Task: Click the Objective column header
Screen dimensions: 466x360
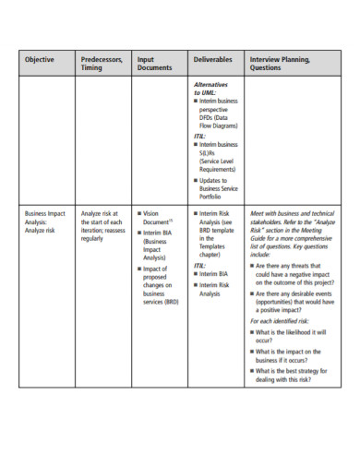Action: pyautogui.click(x=39, y=60)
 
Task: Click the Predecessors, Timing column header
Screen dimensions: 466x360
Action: pyautogui.click(x=102, y=64)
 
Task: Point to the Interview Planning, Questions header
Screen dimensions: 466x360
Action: pyautogui.click(x=280, y=64)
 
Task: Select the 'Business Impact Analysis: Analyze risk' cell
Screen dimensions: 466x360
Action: pyautogui.click(x=46, y=221)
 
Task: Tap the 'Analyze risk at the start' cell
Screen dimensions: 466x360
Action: pyautogui.click(x=102, y=225)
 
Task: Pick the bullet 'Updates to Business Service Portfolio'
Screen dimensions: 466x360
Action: pyautogui.click(x=218, y=188)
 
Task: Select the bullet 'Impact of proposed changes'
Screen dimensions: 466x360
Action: pyautogui.click(x=162, y=285)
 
